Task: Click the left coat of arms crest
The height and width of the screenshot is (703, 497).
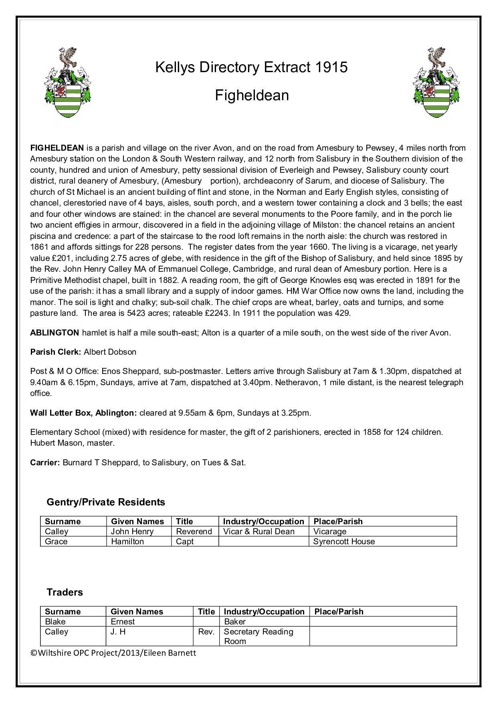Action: (x=67, y=83)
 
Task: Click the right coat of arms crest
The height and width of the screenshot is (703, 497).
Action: (x=436, y=83)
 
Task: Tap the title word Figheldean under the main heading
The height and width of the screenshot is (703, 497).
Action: (x=252, y=95)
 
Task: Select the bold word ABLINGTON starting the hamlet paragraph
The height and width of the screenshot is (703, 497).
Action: (x=55, y=332)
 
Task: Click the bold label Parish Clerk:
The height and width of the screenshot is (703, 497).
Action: (x=56, y=352)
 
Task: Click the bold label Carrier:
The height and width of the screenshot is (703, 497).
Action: (x=45, y=463)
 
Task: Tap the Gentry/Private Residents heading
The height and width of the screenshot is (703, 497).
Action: (x=106, y=502)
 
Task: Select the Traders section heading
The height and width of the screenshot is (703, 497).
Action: (x=65, y=592)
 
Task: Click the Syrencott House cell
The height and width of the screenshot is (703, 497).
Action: (x=344, y=541)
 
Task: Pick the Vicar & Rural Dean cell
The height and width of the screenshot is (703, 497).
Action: (x=259, y=531)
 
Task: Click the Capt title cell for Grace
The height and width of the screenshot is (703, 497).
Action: (x=185, y=541)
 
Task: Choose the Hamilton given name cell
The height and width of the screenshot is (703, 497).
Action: (x=127, y=541)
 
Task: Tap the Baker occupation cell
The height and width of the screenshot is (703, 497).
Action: (x=234, y=622)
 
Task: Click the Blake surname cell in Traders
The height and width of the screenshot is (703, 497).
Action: (x=55, y=622)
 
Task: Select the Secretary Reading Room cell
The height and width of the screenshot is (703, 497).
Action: (x=258, y=636)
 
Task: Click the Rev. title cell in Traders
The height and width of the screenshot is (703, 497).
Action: (x=206, y=632)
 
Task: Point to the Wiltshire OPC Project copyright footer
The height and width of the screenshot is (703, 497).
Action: (x=113, y=653)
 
